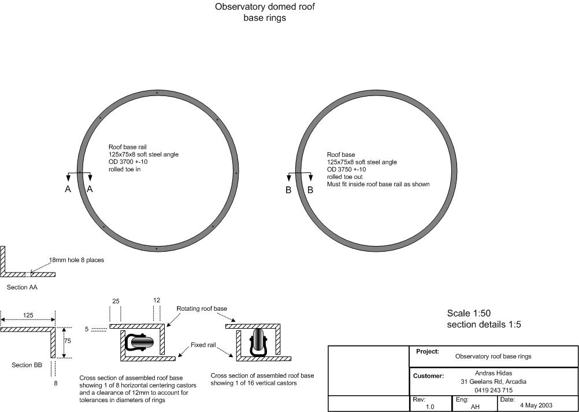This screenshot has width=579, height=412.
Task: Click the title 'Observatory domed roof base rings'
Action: pyautogui.click(x=265, y=12)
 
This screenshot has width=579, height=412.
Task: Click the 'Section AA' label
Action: pyautogui.click(x=22, y=288)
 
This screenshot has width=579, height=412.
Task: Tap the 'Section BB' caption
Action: pyautogui.click(x=27, y=365)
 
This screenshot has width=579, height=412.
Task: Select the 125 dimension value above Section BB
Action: pyautogui.click(x=28, y=315)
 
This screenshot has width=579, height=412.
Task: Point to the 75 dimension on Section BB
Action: pyautogui.click(x=68, y=341)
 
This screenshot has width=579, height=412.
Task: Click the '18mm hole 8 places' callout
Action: pyautogui.click(x=76, y=260)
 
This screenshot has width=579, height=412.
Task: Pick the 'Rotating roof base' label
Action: pyautogui.click(x=202, y=308)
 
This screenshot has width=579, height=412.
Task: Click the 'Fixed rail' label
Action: pyautogui.click(x=203, y=345)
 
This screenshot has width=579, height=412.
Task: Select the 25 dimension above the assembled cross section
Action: pyautogui.click(x=116, y=301)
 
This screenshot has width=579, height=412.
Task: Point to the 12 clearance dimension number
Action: pyautogui.click(x=157, y=300)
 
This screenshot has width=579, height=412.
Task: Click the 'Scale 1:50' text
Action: pyautogui.click(x=469, y=313)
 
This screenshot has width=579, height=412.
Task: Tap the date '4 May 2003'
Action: pyautogui.click(x=536, y=405)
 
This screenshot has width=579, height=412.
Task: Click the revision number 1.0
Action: pyautogui.click(x=430, y=407)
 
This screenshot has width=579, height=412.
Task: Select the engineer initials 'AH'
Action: pyautogui.click(x=475, y=407)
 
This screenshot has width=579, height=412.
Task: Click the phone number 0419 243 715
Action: pyautogui.click(x=493, y=390)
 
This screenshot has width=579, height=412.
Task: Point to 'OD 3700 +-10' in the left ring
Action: pyautogui.click(x=128, y=162)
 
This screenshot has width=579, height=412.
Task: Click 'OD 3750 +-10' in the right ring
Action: pyautogui.click(x=346, y=170)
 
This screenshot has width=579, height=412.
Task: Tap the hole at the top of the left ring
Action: pyautogui.click(x=157, y=93)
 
